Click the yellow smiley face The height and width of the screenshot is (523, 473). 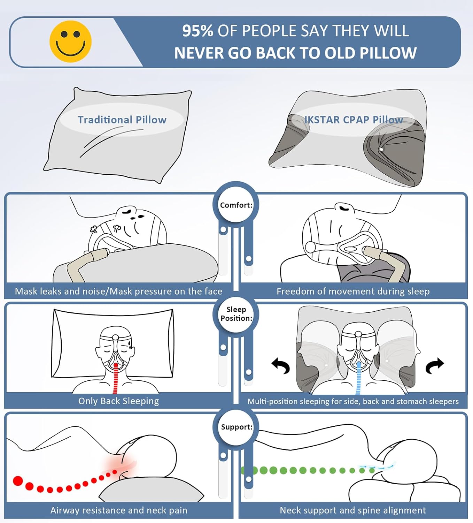coord(70,41)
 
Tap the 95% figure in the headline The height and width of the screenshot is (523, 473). coord(197,31)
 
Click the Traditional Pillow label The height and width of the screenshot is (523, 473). coord(122,120)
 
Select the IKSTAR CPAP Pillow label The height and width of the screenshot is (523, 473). coord(354,120)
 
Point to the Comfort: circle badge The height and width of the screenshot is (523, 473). coord(236,205)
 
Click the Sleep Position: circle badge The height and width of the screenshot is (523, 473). coord(236,314)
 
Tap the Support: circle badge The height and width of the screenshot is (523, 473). coord(236,427)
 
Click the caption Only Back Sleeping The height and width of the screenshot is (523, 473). coord(118,401)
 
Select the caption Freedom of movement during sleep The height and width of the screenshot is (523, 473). coord(353,291)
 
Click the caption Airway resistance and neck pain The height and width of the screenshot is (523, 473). coord(119,510)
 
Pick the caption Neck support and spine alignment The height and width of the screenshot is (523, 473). coord(352,510)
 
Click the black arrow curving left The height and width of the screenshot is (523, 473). coord(281,366)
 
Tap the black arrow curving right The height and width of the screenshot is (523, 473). coord(435,365)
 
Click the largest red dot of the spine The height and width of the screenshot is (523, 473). coord(18,481)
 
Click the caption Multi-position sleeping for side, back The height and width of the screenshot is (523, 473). coord(353,401)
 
